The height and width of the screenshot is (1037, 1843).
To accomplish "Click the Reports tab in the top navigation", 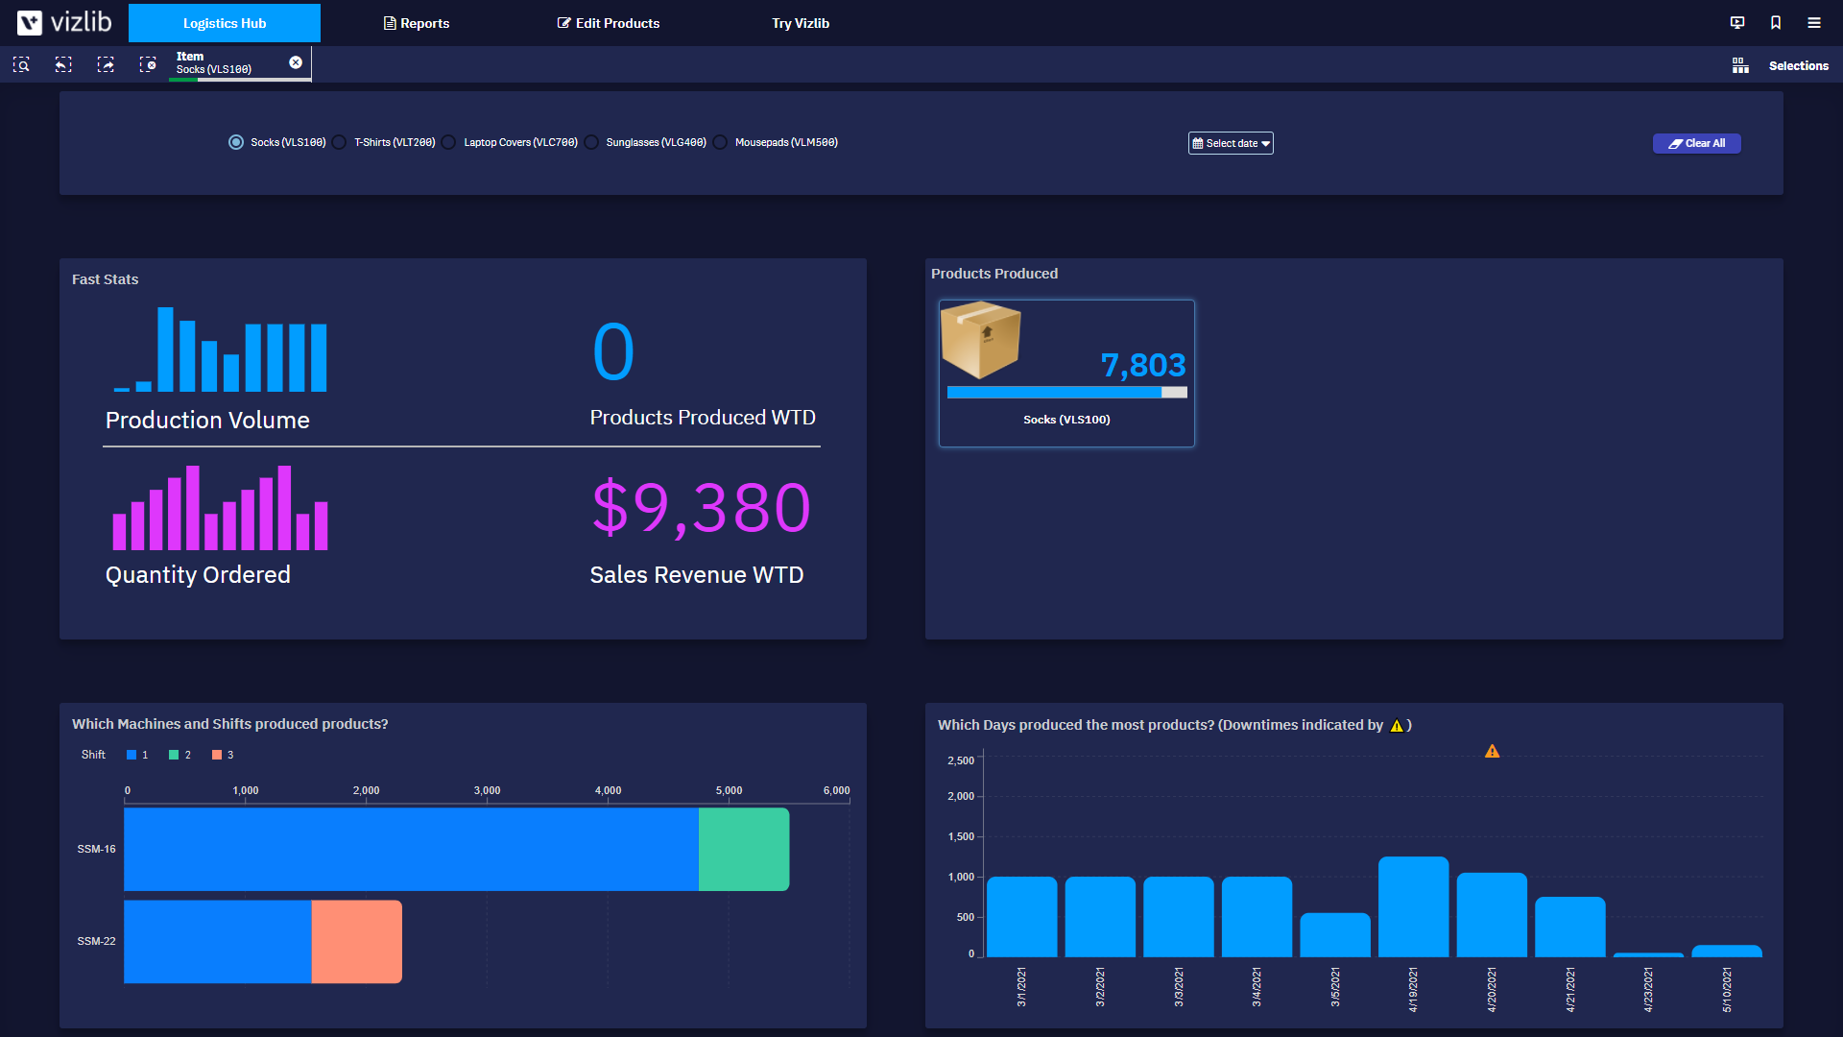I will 417,23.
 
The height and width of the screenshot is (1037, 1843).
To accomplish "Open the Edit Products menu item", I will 609,23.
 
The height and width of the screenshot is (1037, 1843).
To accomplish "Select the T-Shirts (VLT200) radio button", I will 341,142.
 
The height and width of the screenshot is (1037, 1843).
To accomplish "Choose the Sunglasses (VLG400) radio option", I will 592,142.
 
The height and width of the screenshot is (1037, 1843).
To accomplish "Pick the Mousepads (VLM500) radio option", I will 721,142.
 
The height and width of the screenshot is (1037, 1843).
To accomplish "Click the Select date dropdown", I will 1231,143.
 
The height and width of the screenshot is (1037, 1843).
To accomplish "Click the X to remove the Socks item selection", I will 296,62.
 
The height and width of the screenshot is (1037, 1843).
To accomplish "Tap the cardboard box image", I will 980,339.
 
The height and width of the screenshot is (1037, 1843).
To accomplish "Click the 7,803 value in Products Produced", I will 1142,365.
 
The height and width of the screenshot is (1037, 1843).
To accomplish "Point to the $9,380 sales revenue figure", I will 702,507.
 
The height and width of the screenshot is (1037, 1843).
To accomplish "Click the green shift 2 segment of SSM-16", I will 744,849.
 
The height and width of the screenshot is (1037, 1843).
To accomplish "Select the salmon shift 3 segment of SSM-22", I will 356,941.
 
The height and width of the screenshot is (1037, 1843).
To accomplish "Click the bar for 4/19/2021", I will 1413,906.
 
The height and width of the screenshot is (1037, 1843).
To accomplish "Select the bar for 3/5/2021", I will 1334,934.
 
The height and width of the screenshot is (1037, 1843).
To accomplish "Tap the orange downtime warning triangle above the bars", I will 1492,752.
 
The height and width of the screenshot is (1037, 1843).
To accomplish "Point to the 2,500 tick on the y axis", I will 961,760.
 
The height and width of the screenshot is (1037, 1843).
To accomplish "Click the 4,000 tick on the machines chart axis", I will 608,790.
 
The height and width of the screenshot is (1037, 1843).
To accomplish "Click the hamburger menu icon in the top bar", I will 1814,23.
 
